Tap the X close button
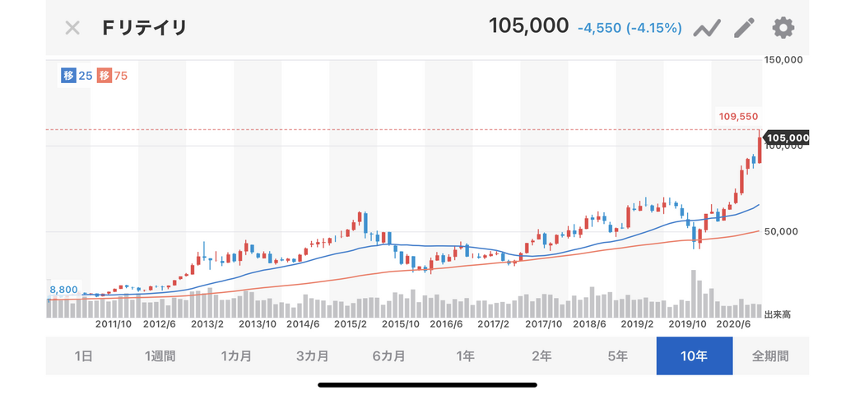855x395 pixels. click(x=72, y=28)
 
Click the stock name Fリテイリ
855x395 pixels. click(x=145, y=28)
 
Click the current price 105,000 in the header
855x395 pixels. click(x=528, y=26)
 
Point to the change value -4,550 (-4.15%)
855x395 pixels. click(x=630, y=28)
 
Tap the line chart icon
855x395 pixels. click(x=707, y=29)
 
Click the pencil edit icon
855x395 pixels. click(x=744, y=28)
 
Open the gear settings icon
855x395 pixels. click(x=783, y=28)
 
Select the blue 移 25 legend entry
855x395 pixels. click(x=77, y=76)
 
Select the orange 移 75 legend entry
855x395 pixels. click(x=113, y=76)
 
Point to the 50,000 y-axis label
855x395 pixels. click(x=781, y=232)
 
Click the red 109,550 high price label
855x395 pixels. click(x=738, y=117)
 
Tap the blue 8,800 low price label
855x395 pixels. click(x=63, y=290)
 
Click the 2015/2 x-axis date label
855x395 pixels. click(x=351, y=324)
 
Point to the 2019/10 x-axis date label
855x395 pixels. click(x=686, y=324)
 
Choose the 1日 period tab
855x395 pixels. click(x=83, y=356)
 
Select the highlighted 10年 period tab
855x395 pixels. click(x=694, y=356)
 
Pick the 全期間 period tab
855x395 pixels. click(x=770, y=356)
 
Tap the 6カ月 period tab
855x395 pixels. click(x=388, y=356)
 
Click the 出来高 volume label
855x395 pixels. click(x=778, y=314)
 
